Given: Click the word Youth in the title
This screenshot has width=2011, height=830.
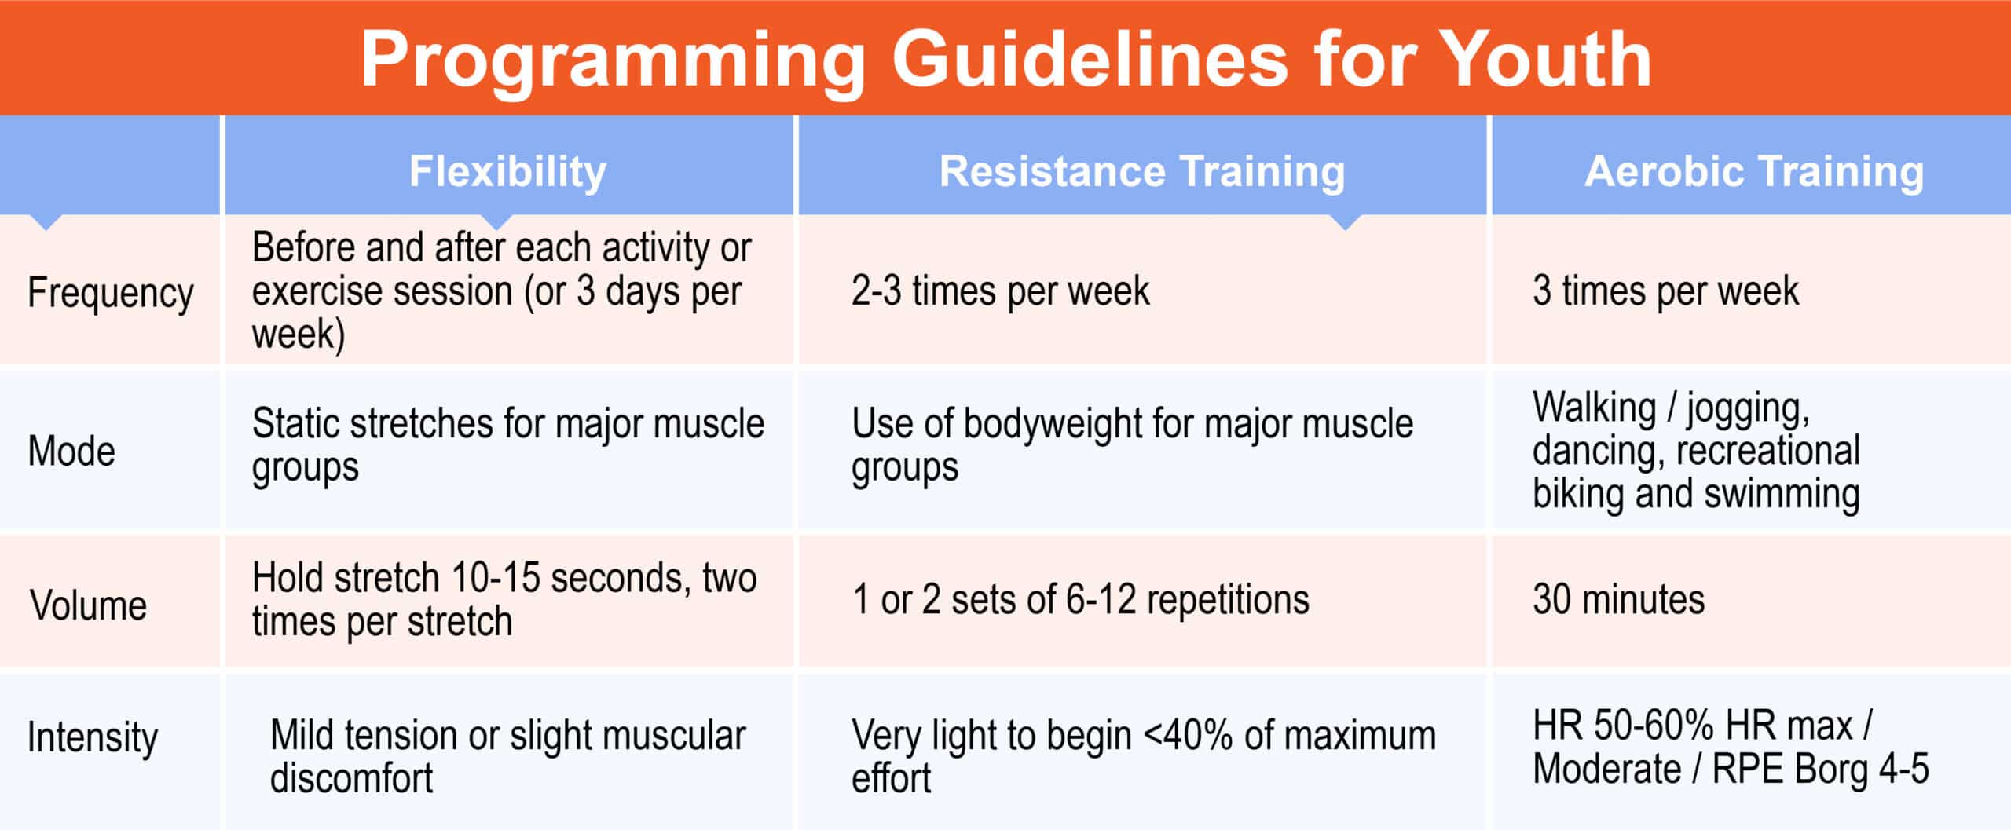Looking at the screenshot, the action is tap(1544, 59).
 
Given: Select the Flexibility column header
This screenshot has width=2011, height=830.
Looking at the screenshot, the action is tap(507, 172).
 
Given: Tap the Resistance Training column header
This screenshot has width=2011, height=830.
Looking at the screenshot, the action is tap(1142, 171).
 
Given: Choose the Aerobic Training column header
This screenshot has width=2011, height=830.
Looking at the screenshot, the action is tap(1754, 171).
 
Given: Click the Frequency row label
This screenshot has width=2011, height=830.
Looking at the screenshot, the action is tap(110, 294).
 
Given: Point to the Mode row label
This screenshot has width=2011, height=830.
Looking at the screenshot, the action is tap(71, 452).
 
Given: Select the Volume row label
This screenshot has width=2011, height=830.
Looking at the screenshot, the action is tap(89, 605).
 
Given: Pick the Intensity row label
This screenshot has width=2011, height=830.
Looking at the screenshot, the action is tap(93, 738).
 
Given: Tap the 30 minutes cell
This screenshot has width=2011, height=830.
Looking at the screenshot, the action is tap(1618, 600).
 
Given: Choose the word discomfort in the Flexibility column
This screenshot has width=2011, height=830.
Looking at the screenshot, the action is tap(351, 779).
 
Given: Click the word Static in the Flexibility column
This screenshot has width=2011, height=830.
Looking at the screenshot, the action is tap(295, 424).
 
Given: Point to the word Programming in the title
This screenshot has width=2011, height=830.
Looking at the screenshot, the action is tap(613, 62).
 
